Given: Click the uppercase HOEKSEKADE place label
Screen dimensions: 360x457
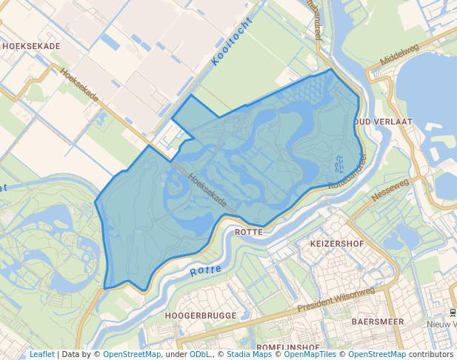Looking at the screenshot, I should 31,45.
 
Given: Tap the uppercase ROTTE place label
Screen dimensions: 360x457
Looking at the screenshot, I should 249,232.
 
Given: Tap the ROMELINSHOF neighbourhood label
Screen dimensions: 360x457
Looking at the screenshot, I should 287,347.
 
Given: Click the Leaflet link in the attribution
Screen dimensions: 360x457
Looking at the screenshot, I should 41,354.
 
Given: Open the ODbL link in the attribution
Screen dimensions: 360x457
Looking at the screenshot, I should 200,354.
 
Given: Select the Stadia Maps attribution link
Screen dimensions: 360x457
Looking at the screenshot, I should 249,354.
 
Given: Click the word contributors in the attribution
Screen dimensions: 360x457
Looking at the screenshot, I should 430,354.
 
